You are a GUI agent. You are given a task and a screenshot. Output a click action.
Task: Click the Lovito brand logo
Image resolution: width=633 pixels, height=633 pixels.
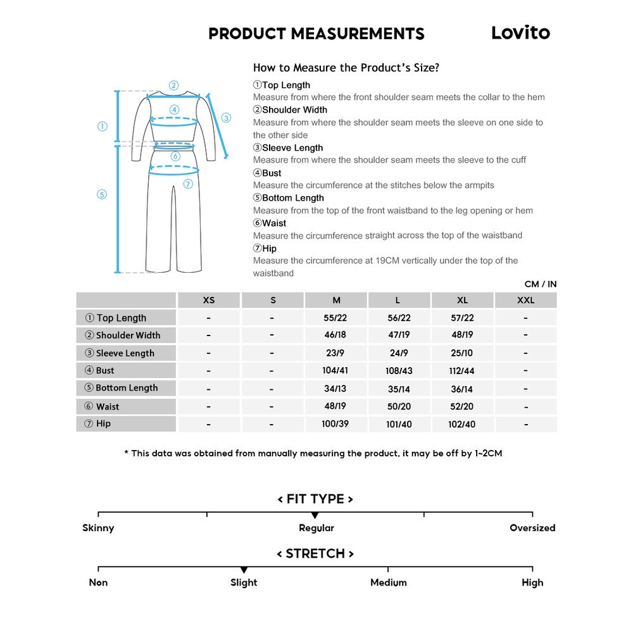(x=520, y=33)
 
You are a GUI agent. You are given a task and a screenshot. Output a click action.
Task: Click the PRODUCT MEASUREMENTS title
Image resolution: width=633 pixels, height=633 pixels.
(x=316, y=34)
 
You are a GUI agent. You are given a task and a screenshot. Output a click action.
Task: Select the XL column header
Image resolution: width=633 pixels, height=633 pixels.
(x=462, y=300)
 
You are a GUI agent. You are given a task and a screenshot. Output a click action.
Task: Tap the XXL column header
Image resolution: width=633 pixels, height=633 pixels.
(x=525, y=300)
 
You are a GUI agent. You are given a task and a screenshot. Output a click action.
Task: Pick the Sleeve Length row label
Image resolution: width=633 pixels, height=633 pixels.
(x=125, y=353)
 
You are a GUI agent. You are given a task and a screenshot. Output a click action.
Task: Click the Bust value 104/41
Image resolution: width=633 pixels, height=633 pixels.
(x=335, y=370)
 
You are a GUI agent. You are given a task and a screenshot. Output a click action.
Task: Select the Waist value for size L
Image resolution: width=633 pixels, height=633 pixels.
(x=399, y=406)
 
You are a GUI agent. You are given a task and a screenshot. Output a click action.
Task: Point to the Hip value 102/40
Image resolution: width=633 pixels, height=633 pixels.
(x=462, y=424)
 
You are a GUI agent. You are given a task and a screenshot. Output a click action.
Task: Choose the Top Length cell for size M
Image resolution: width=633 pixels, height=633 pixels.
(x=335, y=318)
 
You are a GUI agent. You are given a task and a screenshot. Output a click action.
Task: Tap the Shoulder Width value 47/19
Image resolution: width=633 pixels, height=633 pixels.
(x=399, y=335)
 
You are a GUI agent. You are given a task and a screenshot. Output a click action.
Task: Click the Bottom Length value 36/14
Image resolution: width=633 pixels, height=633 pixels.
(x=462, y=389)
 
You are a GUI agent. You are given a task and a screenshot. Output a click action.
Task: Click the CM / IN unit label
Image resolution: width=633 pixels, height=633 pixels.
(x=541, y=284)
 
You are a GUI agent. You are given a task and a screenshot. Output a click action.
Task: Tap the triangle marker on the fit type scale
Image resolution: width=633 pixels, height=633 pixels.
(x=315, y=517)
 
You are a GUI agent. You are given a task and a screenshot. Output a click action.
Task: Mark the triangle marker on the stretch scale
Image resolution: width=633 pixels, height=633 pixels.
(x=244, y=570)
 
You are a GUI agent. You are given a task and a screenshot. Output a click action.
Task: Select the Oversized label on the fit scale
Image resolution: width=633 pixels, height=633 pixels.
(x=532, y=528)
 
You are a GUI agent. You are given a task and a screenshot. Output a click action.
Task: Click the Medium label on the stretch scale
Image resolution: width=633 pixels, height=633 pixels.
(x=388, y=582)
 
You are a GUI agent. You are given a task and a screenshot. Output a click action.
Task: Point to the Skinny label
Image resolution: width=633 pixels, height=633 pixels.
(x=98, y=528)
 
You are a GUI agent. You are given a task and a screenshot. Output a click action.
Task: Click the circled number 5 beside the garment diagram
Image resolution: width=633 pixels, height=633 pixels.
(x=102, y=194)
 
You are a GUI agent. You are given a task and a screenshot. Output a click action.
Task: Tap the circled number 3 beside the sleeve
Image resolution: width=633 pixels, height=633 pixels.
(x=226, y=118)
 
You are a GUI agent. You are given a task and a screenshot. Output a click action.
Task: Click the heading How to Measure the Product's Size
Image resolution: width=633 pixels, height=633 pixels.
(x=346, y=68)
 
